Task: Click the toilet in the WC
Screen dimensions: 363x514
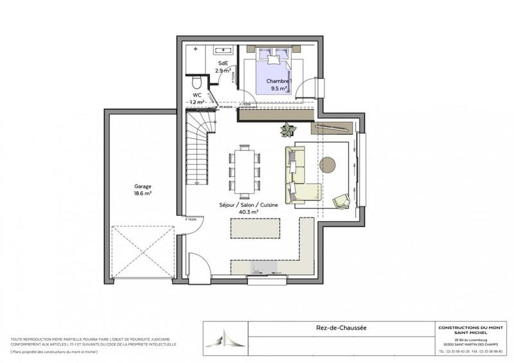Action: pyautogui.click(x=197, y=82)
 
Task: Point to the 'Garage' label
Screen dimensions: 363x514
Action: pyautogui.click(x=143, y=186)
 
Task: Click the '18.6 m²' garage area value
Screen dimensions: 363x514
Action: pyautogui.click(x=143, y=193)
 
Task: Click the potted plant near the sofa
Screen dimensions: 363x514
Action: pyautogui.click(x=287, y=129)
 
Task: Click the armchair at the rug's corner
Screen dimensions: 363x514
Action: pyautogui.click(x=341, y=201)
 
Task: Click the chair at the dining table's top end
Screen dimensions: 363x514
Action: pyautogui.click(x=245, y=146)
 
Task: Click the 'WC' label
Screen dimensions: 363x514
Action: pyautogui.click(x=197, y=95)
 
